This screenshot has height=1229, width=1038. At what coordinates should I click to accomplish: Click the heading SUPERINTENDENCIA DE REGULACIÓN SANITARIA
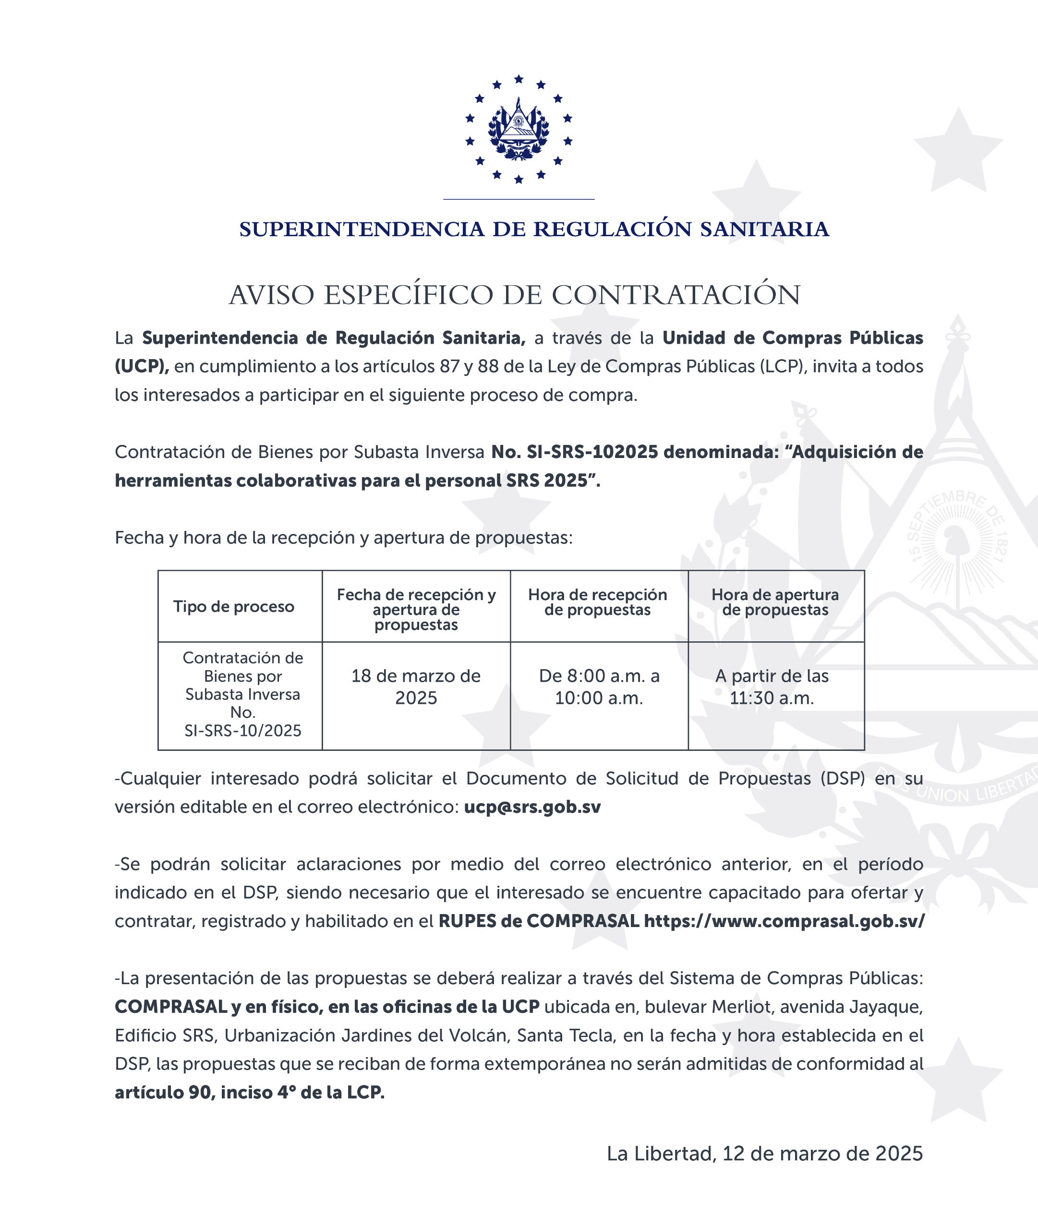(534, 229)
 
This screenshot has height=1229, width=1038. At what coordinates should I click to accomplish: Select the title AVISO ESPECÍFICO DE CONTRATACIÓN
(515, 295)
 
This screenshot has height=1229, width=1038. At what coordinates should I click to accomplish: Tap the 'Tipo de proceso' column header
(234, 606)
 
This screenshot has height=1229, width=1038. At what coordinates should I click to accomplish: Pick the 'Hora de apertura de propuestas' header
(775, 602)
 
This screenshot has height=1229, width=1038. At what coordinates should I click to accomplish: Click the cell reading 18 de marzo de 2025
(416, 687)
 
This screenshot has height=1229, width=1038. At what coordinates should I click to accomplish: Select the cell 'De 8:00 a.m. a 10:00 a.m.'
(599, 687)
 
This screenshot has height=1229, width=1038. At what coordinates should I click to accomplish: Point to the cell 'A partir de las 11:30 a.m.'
(772, 687)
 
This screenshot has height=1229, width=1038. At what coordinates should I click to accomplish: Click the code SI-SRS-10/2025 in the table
(242, 731)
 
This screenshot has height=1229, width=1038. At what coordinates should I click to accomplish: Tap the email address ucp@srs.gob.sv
(532, 807)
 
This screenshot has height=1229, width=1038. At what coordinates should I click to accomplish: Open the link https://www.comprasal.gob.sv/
(784, 921)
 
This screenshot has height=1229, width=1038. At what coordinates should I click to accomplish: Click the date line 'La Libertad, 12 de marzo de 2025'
(764, 1154)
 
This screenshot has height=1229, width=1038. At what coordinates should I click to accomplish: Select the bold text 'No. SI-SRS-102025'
(574, 452)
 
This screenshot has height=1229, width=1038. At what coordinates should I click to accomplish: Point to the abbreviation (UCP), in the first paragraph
(142, 366)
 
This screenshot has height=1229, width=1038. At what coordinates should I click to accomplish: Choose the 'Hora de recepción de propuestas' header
(597, 602)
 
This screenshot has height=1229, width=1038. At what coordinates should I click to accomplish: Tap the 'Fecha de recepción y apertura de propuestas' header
(416, 610)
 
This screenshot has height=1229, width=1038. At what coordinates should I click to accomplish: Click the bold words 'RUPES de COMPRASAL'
(538, 921)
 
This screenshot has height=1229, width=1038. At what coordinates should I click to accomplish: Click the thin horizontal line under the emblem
(519, 199)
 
